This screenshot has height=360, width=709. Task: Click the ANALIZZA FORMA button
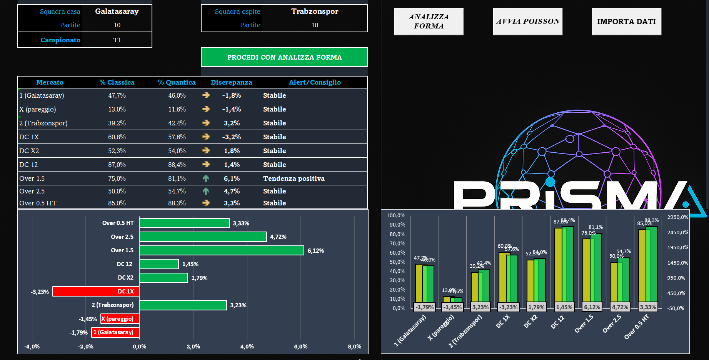pyautogui.click(x=429, y=22)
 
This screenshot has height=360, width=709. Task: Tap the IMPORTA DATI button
pyautogui.click(x=626, y=22)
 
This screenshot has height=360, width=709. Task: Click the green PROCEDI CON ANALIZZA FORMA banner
pyautogui.click(x=284, y=57)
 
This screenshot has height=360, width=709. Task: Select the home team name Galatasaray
pyautogui.click(x=117, y=12)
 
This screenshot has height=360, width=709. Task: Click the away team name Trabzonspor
pyautogui.click(x=315, y=12)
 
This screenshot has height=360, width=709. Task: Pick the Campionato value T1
pyautogui.click(x=117, y=40)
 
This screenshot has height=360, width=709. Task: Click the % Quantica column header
pyautogui.click(x=177, y=82)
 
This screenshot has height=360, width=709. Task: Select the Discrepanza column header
pyautogui.click(x=231, y=82)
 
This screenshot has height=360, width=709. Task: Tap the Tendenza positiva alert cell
pyautogui.click(x=294, y=178)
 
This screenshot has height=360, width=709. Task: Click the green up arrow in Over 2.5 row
pyautogui.click(x=206, y=191)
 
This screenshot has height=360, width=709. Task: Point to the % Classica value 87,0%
pyautogui.click(x=117, y=165)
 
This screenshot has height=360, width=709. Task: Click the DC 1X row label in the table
pyautogui.click(x=29, y=137)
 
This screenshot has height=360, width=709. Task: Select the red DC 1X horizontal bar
pyautogui.click(x=96, y=292)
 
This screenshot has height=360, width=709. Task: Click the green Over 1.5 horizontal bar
pyautogui.click(x=222, y=250)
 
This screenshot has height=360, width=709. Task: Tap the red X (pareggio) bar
pyautogui.click(x=120, y=319)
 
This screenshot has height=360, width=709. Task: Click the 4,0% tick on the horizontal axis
pyautogui.click(x=247, y=347)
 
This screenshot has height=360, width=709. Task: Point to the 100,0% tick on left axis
pyautogui.click(x=396, y=215)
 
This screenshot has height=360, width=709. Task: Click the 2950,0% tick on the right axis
pyautogui.click(x=677, y=217)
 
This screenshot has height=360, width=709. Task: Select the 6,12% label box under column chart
pyautogui.click(x=592, y=307)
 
